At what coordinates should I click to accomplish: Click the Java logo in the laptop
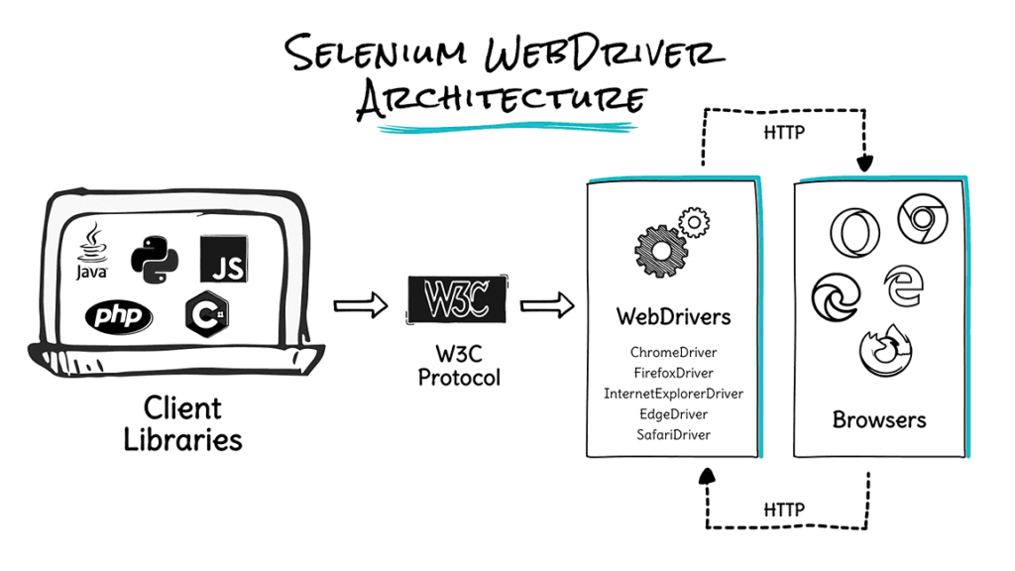(92, 253)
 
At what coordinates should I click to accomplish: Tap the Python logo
(154, 259)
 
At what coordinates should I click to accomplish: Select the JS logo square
(223, 258)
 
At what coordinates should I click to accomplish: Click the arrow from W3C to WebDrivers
(547, 306)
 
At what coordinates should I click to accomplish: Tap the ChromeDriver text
(673, 352)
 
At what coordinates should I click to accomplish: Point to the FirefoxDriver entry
(673, 373)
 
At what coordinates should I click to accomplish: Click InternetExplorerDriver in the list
(673, 394)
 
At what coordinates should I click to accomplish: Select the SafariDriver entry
(673, 435)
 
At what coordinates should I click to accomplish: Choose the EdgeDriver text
(673, 414)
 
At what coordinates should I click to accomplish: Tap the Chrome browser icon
(923, 219)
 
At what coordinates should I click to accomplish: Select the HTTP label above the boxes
(784, 132)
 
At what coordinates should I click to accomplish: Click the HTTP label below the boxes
(784, 510)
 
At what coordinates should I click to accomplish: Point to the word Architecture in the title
(501, 99)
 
